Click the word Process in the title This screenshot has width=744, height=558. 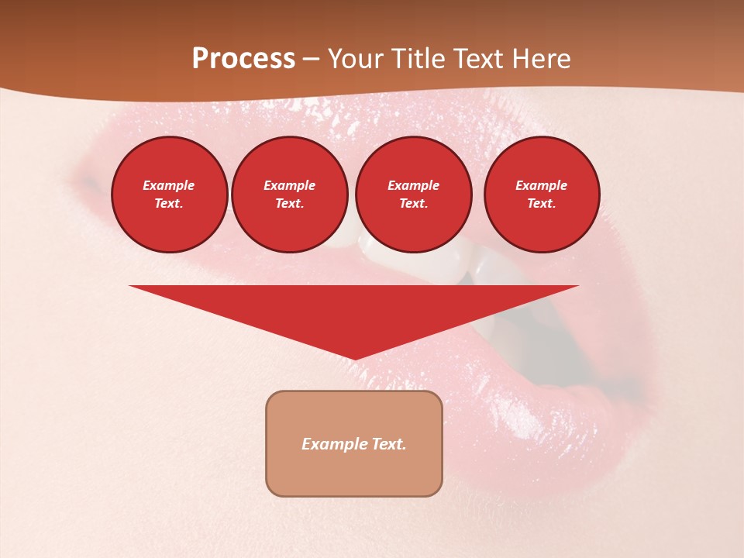[243, 59]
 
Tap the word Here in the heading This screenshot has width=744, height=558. [541, 59]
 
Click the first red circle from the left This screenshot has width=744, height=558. [169, 194]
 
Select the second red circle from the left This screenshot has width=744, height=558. [289, 194]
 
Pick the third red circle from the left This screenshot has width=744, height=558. [413, 194]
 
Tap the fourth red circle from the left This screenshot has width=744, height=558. [541, 194]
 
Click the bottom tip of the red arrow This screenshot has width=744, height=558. [354, 357]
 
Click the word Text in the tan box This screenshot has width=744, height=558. [389, 444]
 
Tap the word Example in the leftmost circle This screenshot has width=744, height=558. [169, 185]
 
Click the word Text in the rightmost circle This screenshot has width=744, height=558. [541, 203]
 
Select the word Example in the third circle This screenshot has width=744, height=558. [413, 185]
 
